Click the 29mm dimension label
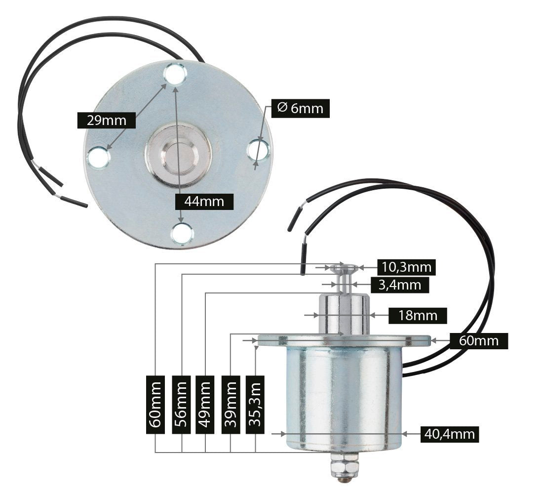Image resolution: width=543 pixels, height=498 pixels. [x=106, y=120]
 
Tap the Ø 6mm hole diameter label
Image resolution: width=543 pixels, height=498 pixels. [x=300, y=108]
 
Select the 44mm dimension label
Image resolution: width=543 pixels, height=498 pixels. [x=204, y=201]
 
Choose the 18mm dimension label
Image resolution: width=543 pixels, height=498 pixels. [x=418, y=315]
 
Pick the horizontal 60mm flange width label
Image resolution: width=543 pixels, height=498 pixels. [x=478, y=340]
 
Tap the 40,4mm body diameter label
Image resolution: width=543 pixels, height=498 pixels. [x=449, y=434]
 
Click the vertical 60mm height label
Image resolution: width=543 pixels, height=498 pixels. [x=155, y=404]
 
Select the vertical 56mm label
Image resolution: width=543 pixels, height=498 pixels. [x=181, y=404]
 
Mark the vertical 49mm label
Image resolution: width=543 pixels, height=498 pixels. [x=205, y=404]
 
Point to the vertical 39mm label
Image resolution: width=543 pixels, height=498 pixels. [x=231, y=404]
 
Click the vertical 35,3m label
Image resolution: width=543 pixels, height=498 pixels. [x=255, y=404]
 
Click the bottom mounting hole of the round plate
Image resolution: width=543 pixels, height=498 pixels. [x=182, y=233]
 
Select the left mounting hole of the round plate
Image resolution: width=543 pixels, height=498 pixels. [x=98, y=157]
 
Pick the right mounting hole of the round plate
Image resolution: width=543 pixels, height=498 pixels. [x=258, y=149]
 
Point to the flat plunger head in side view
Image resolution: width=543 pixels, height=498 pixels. [x=344, y=268]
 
